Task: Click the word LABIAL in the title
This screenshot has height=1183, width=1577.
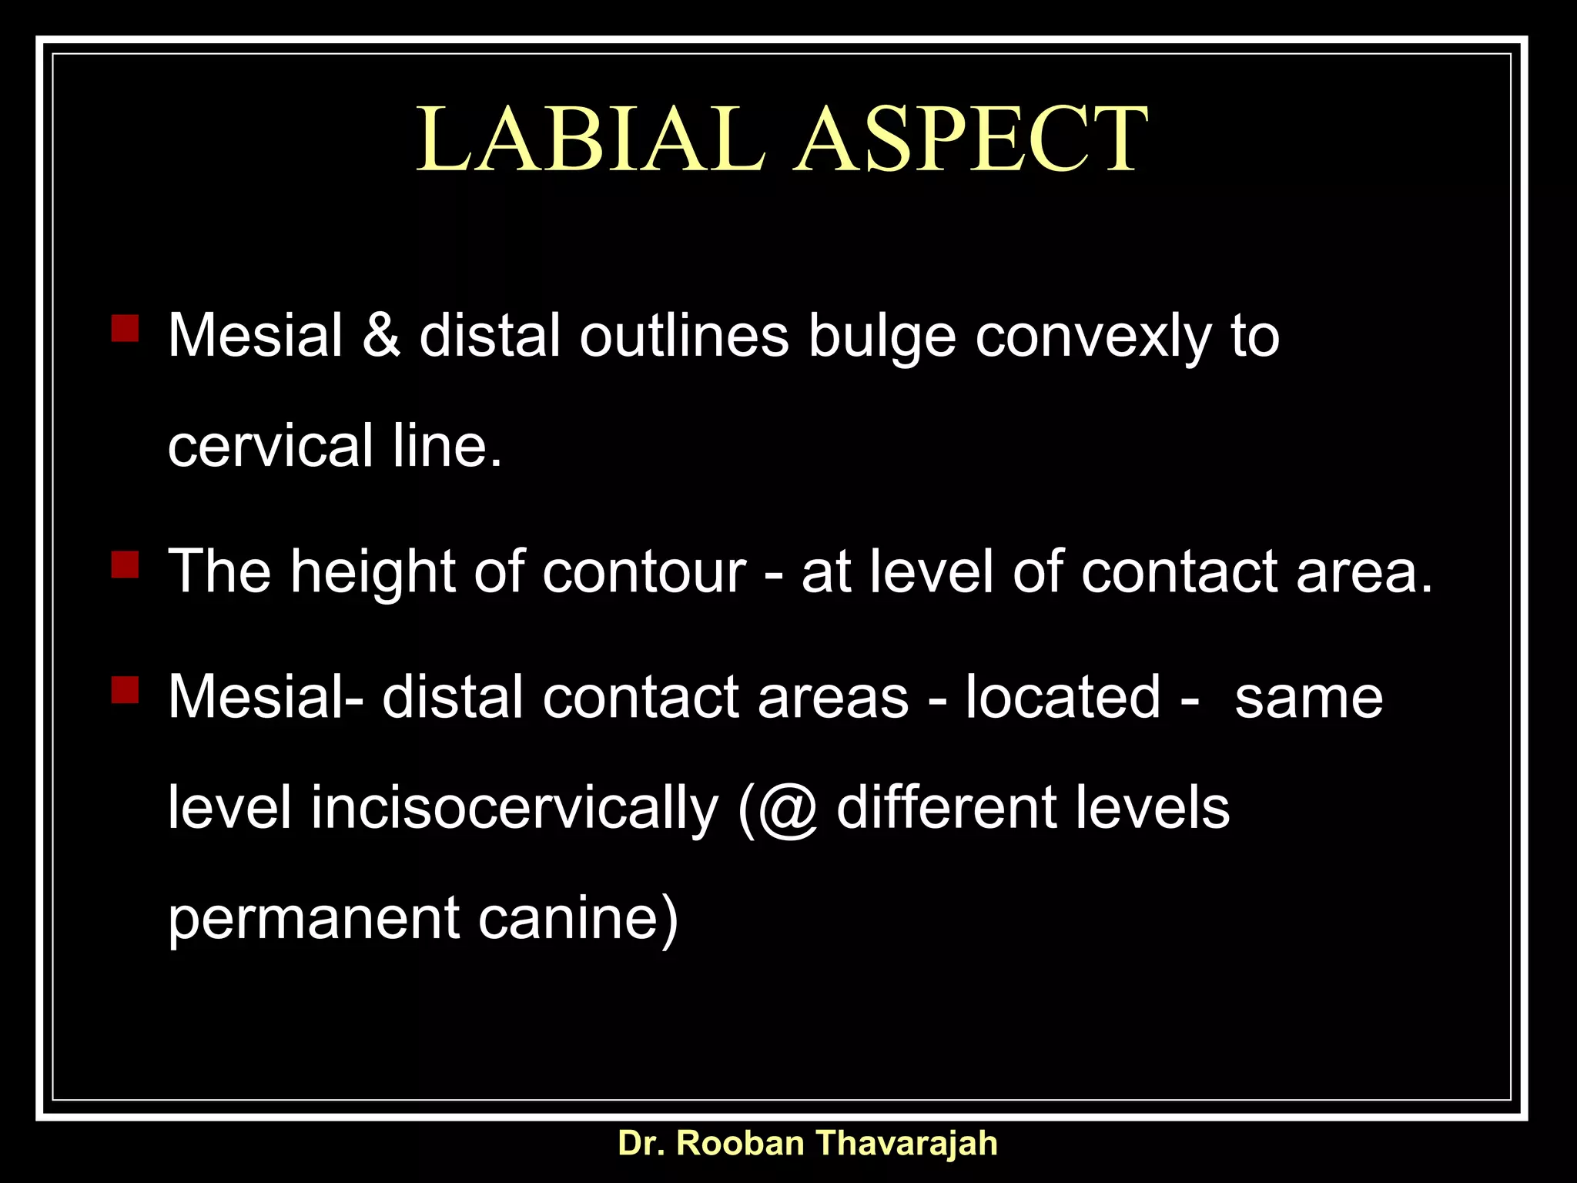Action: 591,139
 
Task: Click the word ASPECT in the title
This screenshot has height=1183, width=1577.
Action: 971,139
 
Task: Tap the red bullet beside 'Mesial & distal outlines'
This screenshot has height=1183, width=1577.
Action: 125,327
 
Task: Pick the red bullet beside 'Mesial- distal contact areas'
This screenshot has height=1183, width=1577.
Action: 125,690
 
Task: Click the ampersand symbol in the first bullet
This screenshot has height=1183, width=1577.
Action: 381,336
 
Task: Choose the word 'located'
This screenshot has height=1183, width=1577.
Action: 1063,697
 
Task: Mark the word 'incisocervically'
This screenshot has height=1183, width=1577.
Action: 514,809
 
